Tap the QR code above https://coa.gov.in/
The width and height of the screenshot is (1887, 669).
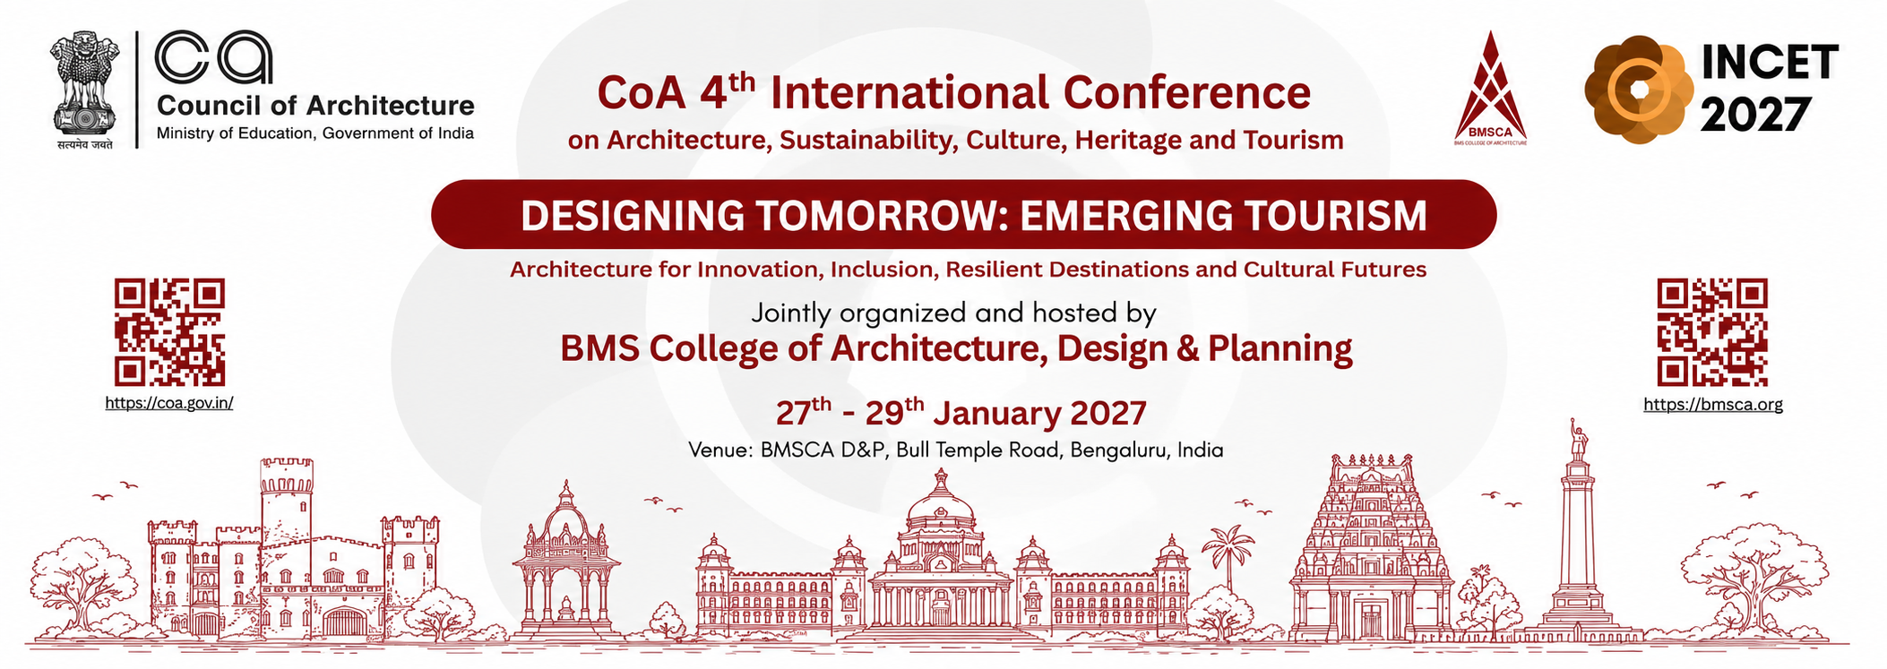[x=169, y=332]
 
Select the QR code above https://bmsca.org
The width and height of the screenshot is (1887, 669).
[x=1712, y=332]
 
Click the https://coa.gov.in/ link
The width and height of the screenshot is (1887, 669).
[x=169, y=403]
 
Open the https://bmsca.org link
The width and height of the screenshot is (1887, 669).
[x=1713, y=404]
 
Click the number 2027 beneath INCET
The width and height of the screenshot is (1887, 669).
[x=1754, y=116]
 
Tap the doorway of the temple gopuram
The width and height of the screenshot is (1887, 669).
[x=1372, y=621]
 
